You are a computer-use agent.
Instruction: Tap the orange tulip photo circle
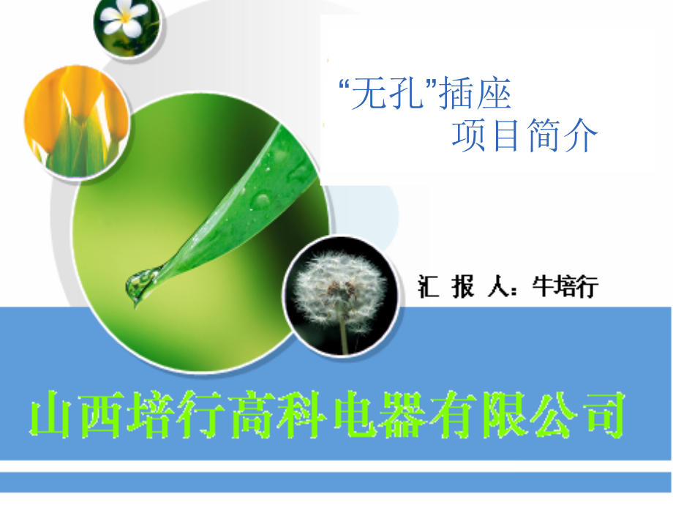tap(76, 120)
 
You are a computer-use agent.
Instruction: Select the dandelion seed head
tap(338, 288)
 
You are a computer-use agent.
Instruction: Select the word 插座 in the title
tap(475, 96)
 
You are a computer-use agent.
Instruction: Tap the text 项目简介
tap(525, 135)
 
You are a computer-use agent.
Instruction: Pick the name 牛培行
tap(565, 287)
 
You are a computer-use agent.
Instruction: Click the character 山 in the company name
tap(52, 418)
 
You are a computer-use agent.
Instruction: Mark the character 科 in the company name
tap(303, 418)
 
